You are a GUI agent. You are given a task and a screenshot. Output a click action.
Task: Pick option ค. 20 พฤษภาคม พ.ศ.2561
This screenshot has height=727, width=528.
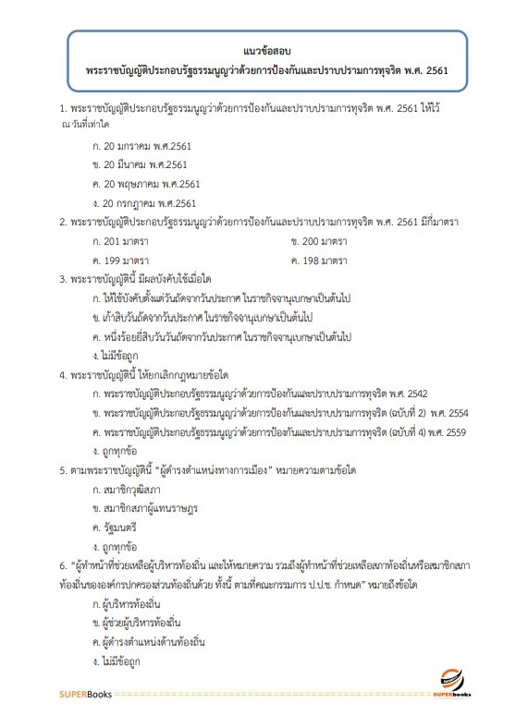point(146,184)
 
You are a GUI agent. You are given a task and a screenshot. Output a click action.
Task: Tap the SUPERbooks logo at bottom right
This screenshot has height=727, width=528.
point(456,685)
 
